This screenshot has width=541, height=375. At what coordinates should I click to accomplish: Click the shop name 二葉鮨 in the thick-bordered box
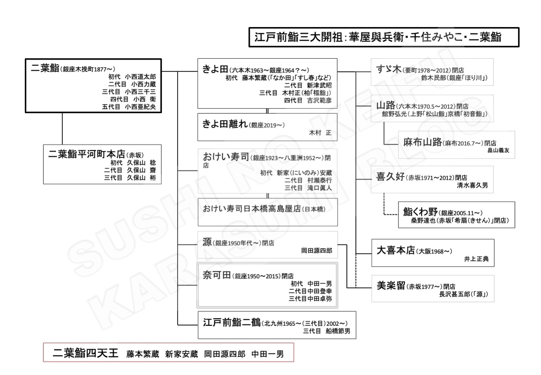[45, 68]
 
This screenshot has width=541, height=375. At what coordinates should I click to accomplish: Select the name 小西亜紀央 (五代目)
[140, 107]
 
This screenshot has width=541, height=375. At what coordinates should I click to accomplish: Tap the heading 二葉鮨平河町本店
[87, 154]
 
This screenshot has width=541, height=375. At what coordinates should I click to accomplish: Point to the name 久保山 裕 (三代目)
[142, 178]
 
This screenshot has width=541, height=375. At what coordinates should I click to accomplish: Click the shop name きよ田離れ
[225, 124]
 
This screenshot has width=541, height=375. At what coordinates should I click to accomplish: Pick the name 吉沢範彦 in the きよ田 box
[319, 100]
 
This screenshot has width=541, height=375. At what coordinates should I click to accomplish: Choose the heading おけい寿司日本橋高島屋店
[252, 208]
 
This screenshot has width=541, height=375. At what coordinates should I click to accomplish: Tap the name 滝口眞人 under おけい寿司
[319, 188]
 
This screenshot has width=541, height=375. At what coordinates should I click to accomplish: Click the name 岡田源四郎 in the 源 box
[316, 251]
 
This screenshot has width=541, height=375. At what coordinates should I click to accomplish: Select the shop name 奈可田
[217, 275]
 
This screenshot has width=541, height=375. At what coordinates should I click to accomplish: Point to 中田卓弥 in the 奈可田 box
[320, 299]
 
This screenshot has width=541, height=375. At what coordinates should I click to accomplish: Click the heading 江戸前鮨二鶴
[232, 322]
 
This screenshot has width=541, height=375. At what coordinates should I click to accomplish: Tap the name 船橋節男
[338, 331]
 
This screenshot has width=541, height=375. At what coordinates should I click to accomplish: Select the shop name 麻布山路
[423, 142]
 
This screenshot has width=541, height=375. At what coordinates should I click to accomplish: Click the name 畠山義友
[498, 151]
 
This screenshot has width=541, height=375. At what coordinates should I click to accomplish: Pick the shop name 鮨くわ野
[420, 212]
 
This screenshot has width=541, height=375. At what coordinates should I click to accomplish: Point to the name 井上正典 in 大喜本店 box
[476, 259]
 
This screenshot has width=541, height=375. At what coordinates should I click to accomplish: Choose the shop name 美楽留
[391, 286]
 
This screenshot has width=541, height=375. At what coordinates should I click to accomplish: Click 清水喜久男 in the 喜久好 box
[472, 185]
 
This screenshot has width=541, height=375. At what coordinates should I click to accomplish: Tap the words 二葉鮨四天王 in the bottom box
[86, 353]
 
